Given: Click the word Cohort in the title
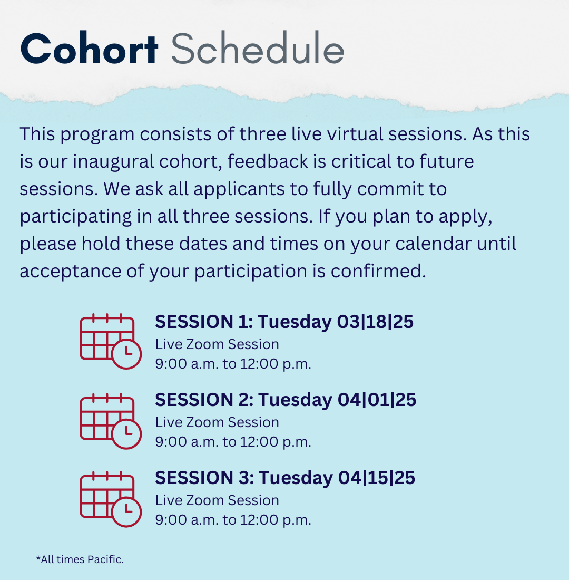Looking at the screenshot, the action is tap(90, 49).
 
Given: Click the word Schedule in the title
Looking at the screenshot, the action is tap(258, 48).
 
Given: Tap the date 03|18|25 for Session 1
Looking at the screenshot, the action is tap(375, 322).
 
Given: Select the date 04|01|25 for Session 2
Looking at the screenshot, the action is tap(377, 400).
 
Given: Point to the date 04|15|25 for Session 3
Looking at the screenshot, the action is tap(376, 478).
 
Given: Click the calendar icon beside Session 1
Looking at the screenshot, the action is tap(111, 341).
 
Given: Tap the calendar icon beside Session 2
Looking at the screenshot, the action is tap(111, 421).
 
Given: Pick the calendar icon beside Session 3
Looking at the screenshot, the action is tap(111, 499).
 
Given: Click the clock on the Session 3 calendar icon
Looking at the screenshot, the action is tap(126, 512).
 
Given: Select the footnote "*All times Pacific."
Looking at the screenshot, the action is tap(80, 559).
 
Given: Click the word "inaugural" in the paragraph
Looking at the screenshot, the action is tap(113, 162).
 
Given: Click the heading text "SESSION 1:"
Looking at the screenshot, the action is tap(204, 322).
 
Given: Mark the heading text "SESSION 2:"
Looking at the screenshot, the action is tap(204, 400).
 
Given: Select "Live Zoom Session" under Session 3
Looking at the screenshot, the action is tap(217, 500).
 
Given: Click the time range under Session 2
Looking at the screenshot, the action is tap(233, 442).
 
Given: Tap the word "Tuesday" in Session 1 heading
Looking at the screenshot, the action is tap(295, 322).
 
